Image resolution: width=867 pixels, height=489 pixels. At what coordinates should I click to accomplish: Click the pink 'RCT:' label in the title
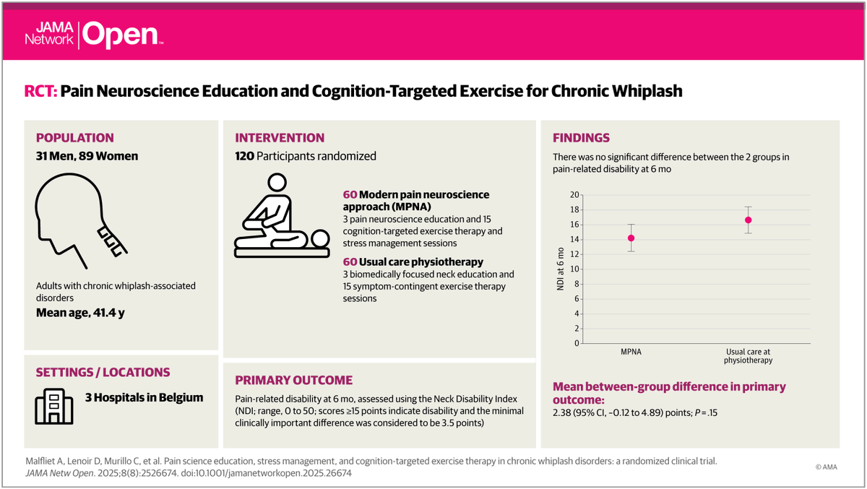coord(41,92)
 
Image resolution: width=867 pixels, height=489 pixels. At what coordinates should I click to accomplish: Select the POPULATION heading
coord(75,138)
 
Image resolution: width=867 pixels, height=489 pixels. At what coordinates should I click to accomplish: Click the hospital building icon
coord(54,404)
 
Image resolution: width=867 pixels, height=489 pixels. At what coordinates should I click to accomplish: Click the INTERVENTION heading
coord(280,138)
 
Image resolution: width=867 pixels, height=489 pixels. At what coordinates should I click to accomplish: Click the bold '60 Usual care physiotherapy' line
coord(413,261)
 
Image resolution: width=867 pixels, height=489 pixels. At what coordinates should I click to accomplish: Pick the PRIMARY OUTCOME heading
coord(294,380)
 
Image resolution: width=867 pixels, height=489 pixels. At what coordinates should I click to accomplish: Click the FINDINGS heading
coord(581,138)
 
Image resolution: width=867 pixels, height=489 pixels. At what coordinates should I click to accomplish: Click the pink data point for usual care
coord(748,220)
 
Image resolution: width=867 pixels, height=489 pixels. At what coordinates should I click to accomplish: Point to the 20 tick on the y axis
coord(575,195)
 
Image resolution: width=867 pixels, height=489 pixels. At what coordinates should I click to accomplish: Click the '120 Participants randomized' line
coord(306,156)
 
